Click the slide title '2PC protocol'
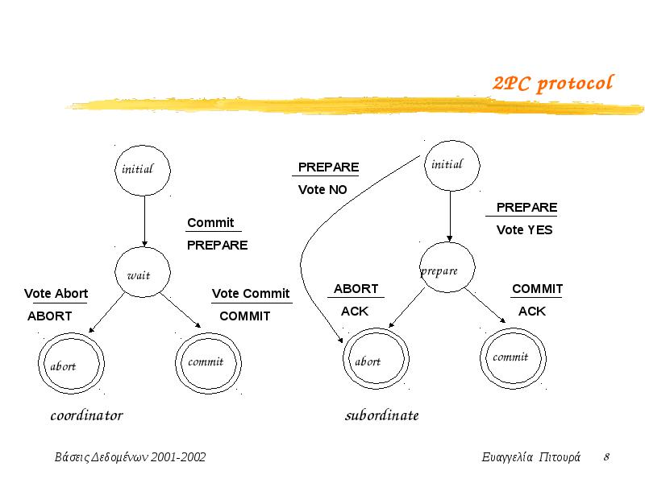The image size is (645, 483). pyautogui.click(x=553, y=84)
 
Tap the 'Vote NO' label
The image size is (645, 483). pyautogui.click(x=322, y=190)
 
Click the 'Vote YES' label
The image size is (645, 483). pyautogui.click(x=525, y=230)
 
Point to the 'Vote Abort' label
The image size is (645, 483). pyautogui.click(x=56, y=294)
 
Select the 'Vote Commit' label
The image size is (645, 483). pyautogui.click(x=251, y=294)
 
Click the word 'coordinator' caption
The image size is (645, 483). pyautogui.click(x=87, y=415)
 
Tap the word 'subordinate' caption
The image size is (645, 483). pyautogui.click(x=381, y=415)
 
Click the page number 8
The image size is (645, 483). pyautogui.click(x=607, y=456)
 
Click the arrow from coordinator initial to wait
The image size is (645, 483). pyautogui.click(x=144, y=221)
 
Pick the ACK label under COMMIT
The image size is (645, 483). pyautogui.click(x=532, y=312)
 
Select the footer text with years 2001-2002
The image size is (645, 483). pyautogui.click(x=130, y=457)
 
